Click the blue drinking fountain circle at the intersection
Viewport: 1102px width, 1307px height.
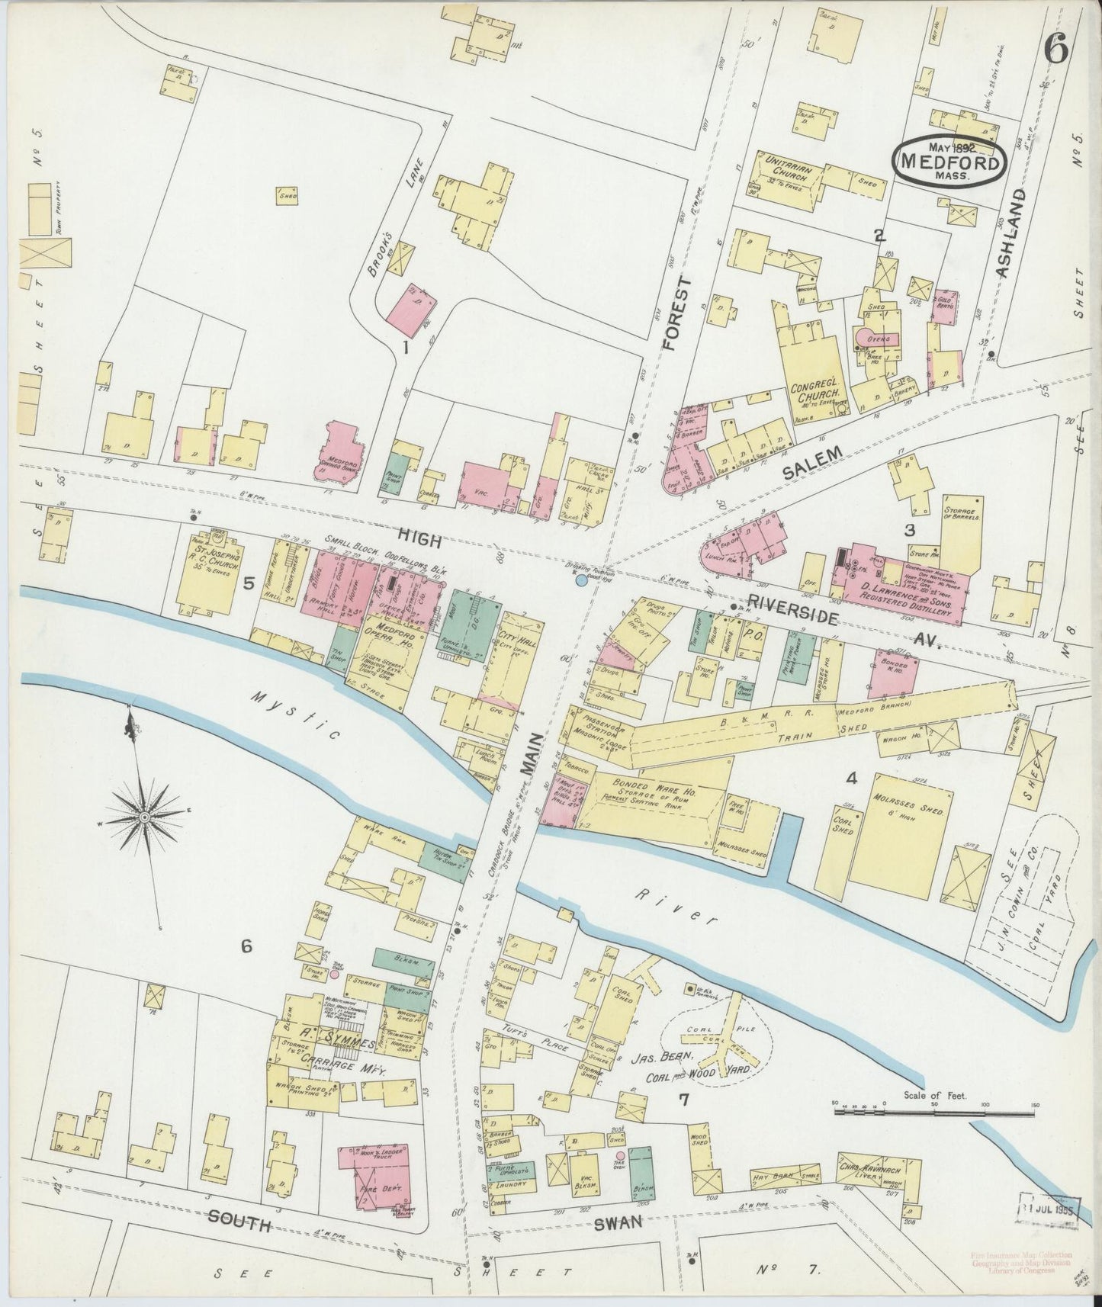(x=581, y=581)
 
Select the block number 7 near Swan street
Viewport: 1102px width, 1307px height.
(x=683, y=1099)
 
